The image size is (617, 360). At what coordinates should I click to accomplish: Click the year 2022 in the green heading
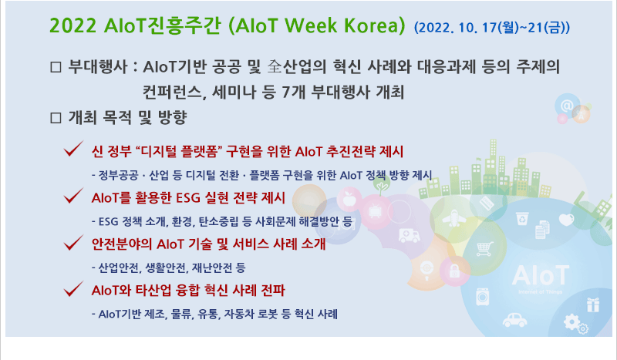pyautogui.click(x=73, y=25)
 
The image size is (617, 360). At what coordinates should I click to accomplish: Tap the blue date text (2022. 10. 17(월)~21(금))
pyautogui.click(x=492, y=28)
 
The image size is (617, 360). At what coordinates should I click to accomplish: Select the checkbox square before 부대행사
pyautogui.click(x=56, y=67)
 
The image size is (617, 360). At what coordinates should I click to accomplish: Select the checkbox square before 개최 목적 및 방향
pyautogui.click(x=56, y=118)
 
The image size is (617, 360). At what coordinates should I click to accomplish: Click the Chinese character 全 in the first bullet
pyautogui.click(x=275, y=66)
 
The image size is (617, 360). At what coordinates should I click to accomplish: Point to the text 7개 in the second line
pyautogui.click(x=294, y=92)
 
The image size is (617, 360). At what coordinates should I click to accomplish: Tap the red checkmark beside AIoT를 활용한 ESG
pyautogui.click(x=73, y=195)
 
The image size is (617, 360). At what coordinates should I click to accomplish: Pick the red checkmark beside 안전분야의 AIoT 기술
pyautogui.click(x=73, y=242)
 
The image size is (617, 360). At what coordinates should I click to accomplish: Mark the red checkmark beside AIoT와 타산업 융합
pyautogui.click(x=73, y=288)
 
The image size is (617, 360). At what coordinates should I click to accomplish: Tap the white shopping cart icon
pyautogui.click(x=485, y=249)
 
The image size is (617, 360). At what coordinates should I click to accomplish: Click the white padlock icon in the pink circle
pyautogui.click(x=454, y=271)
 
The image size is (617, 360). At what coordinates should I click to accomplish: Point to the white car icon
pyautogui.click(x=514, y=320)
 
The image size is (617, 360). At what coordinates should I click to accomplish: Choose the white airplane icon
pyautogui.click(x=453, y=217)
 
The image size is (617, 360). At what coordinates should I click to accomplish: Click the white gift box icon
pyautogui.click(x=592, y=305)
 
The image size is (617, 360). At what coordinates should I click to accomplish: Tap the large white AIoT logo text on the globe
pyautogui.click(x=541, y=275)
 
